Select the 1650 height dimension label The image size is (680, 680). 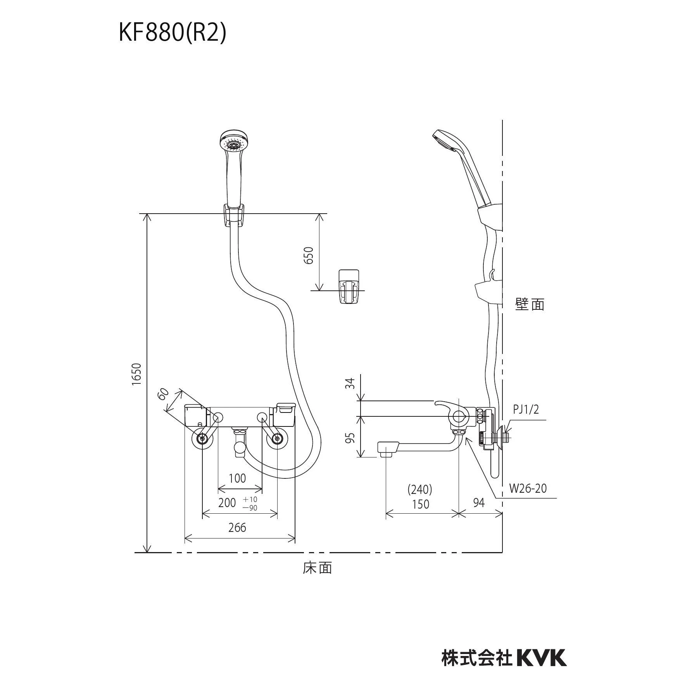click(x=136, y=374)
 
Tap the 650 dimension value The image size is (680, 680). click(x=309, y=255)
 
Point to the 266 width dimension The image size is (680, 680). click(x=237, y=527)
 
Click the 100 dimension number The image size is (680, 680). click(x=237, y=478)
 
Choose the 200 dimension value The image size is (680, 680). click(x=227, y=503)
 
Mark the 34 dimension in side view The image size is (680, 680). click(x=350, y=383)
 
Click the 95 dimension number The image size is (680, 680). click(x=350, y=438)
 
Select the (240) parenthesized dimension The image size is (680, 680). click(x=420, y=490)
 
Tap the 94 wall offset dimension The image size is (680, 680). click(x=479, y=502)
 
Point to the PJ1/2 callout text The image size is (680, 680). click(x=526, y=409)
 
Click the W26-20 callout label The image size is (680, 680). click(x=528, y=488)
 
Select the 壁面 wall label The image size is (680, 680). click(x=530, y=304)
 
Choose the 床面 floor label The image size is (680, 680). click(x=318, y=568)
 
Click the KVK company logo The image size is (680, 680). click(x=542, y=625)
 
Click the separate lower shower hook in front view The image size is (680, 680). click(x=350, y=286)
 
